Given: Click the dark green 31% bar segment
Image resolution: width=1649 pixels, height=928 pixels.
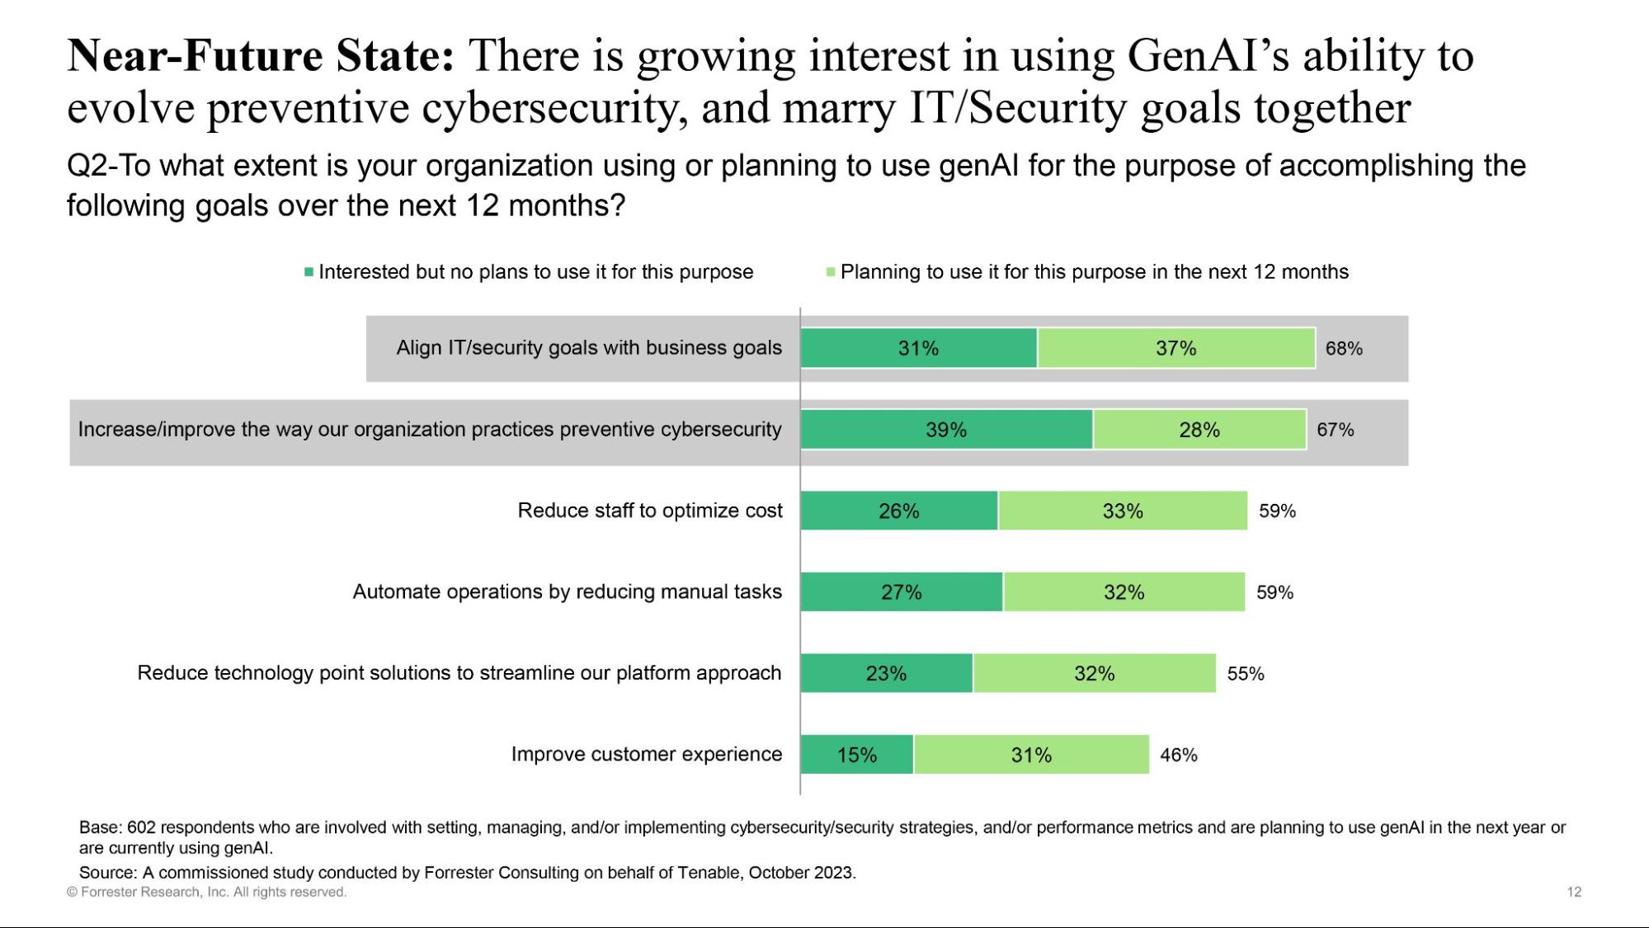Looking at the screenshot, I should point(918,348).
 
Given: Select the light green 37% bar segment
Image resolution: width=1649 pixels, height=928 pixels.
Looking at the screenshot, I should point(1176,348).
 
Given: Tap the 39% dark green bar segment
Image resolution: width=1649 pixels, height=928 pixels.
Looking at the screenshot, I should point(946,430).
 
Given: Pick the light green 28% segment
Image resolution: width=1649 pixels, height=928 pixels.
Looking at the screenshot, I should point(1199,430).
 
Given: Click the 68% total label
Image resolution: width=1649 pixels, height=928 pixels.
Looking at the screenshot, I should point(1344,349).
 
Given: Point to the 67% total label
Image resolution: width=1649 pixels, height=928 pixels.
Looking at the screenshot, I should point(1335,430).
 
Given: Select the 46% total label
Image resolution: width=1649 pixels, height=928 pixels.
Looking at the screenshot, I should point(1178,755).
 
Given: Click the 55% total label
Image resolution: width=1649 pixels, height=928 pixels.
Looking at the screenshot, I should point(1245,674).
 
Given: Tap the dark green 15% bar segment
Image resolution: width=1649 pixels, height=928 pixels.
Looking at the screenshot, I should point(856,755).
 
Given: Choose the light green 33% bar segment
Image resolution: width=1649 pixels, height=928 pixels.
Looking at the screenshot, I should point(1123,511).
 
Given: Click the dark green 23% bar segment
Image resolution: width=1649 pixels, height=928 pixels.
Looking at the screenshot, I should point(886,674).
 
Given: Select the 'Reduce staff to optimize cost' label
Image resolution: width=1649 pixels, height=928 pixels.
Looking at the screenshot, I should point(649,511).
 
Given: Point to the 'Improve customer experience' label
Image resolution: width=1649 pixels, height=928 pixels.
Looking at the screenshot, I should point(646,754).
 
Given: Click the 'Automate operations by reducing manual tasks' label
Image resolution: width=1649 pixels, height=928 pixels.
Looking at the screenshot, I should point(567,591).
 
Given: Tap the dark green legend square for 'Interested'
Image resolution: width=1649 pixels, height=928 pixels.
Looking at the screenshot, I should point(309,272).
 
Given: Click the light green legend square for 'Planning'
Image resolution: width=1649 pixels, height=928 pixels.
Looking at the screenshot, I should point(831,272).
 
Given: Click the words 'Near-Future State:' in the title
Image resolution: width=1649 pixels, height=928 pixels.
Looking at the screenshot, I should point(260,56).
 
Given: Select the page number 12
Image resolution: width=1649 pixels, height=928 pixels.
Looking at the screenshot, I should point(1574,892).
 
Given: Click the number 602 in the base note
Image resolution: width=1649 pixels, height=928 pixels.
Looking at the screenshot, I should point(141,827).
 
